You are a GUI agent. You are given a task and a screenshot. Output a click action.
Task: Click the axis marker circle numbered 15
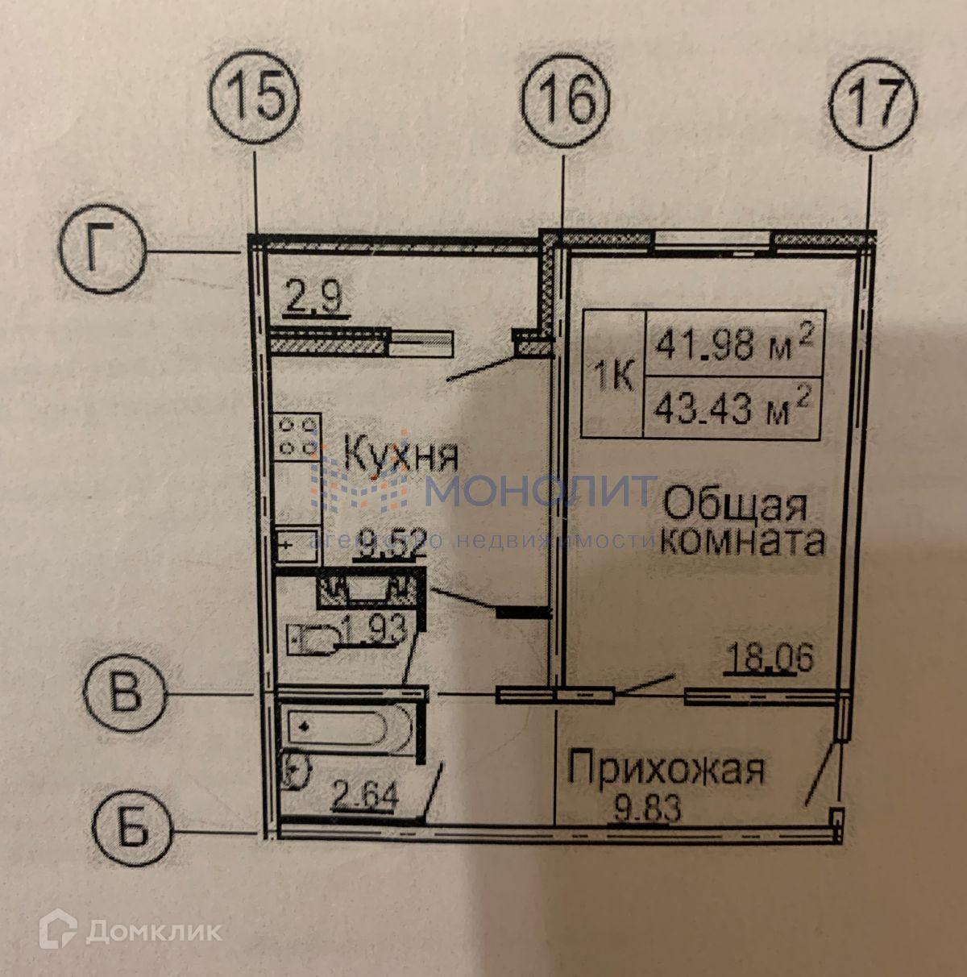tap(255, 102)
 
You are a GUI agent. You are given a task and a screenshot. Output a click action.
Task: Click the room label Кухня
tap(400, 455)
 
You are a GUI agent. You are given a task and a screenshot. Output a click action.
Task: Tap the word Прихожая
tap(666, 769)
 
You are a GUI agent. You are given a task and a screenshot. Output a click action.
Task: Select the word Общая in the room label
tap(734, 506)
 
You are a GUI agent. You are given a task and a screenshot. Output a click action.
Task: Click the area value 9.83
tap(646, 806)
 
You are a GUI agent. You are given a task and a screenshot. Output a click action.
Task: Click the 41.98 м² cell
tap(733, 344)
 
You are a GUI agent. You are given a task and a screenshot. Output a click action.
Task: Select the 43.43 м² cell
tap(733, 407)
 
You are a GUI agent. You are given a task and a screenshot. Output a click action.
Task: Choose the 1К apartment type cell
tap(613, 375)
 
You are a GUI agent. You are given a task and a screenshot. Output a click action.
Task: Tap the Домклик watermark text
tap(137, 931)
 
